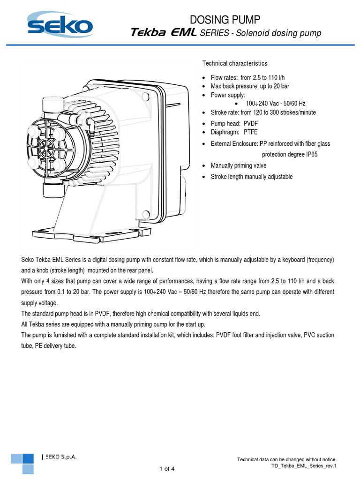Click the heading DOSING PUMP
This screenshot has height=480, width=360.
224,19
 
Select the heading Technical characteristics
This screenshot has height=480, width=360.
234,63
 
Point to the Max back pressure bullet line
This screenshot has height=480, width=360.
248,87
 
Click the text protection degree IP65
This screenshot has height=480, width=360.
290,154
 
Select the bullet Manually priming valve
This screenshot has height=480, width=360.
239,165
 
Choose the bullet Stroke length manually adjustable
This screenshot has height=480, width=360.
251,177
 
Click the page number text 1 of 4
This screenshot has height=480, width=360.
167,468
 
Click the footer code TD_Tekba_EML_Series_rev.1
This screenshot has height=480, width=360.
304,466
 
